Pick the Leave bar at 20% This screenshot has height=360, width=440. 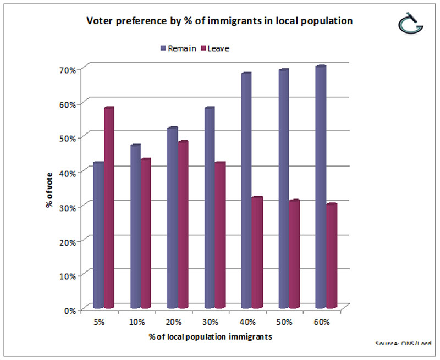click(x=183, y=225)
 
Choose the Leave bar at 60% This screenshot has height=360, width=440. click(x=332, y=256)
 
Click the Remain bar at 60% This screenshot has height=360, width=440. click(x=321, y=187)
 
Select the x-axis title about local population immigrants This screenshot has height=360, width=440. click(x=210, y=335)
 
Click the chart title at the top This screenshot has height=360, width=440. click(x=219, y=21)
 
